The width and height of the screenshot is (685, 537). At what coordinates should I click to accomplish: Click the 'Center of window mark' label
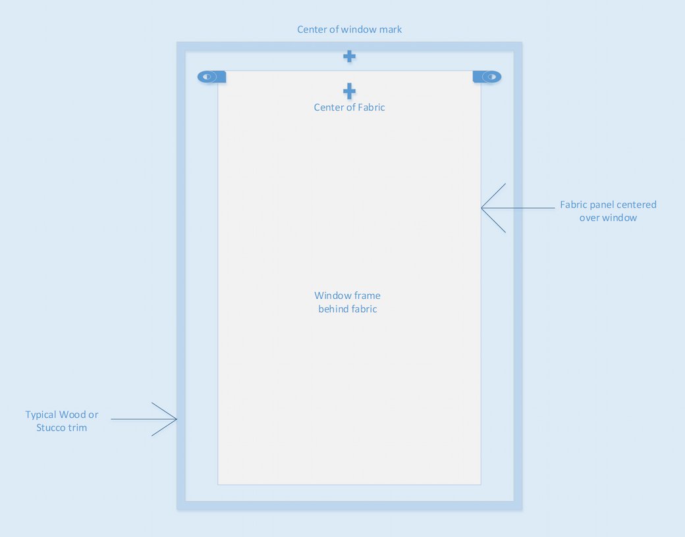[x=350, y=29]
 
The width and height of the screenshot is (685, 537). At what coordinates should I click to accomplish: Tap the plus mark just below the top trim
[x=349, y=57]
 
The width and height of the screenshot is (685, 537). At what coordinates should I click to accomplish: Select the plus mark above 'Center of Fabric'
[x=349, y=91]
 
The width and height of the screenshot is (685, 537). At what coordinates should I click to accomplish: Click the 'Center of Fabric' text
[x=350, y=107]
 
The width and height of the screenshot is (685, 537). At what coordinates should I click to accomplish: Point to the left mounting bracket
[x=211, y=77]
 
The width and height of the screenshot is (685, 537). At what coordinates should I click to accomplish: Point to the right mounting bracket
[x=487, y=77]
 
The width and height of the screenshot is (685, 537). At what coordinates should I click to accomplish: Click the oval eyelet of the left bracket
[x=207, y=77]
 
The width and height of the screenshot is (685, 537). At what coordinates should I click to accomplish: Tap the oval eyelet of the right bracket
[x=491, y=77]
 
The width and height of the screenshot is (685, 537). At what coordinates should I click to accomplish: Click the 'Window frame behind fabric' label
[x=348, y=302]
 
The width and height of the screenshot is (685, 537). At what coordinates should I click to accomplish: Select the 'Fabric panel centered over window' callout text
[x=608, y=211]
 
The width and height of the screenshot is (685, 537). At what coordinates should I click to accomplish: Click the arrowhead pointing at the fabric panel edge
[x=482, y=208]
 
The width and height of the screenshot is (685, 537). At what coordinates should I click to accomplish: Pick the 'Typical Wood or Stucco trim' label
[x=62, y=421]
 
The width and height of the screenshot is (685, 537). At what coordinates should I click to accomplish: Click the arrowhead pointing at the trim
[x=176, y=419]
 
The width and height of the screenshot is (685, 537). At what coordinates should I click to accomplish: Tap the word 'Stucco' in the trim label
[x=50, y=428]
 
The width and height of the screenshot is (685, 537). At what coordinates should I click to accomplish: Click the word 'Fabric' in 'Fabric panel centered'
[x=573, y=205]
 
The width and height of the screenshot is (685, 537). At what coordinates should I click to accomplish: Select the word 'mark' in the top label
[x=391, y=29]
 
